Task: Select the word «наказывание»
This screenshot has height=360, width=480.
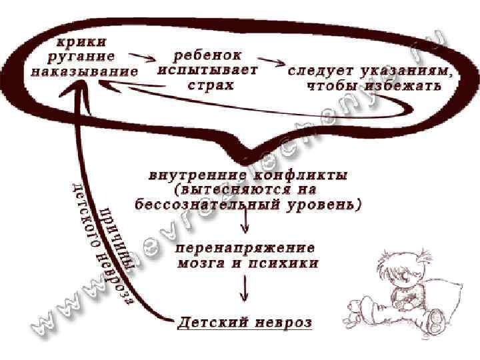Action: (x=84, y=71)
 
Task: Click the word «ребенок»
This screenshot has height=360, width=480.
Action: (x=207, y=55)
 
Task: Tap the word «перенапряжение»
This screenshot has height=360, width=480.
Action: (x=245, y=247)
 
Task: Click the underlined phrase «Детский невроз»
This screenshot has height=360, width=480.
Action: (x=245, y=323)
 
